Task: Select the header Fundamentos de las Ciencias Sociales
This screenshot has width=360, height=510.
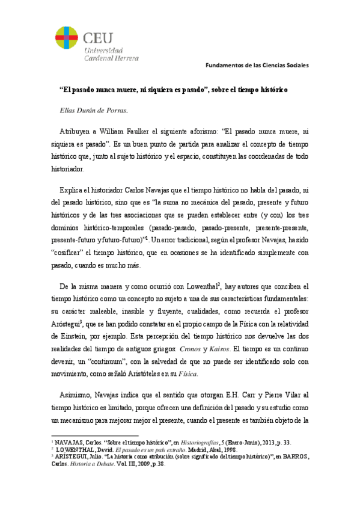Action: (x=257, y=64)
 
